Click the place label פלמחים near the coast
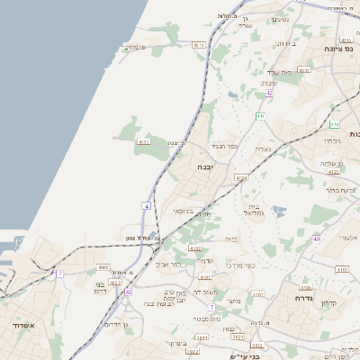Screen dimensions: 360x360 pos(136,47)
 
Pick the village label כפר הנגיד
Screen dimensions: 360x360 pos(223,146)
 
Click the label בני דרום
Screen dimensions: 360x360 pos(100,287)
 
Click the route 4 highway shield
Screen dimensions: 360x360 pos(146,206)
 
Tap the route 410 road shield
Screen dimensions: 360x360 pos(335,124)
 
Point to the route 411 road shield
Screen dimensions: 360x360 pos(259,116)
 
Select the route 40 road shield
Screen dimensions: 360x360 pos(317,238)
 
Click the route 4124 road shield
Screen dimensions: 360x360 pos(240,179)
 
